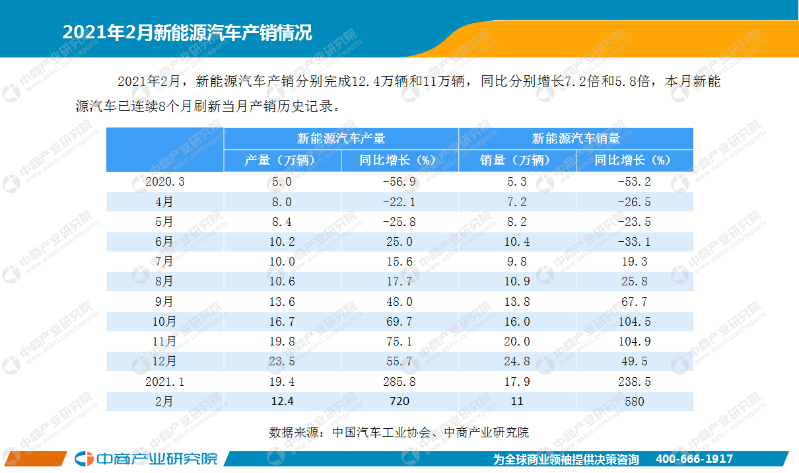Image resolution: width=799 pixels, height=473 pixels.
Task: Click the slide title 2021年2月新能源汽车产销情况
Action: tap(187, 32)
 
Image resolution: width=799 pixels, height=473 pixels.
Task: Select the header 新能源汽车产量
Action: tap(341, 139)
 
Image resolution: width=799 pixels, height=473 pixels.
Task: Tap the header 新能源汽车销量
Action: tap(576, 139)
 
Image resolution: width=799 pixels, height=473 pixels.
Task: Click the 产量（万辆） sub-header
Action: tap(282, 161)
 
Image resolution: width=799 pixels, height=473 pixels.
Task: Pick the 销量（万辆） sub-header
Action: tap(517, 161)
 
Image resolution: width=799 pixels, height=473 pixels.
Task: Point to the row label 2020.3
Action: tap(165, 182)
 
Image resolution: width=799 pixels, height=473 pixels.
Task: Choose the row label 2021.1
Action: tap(165, 381)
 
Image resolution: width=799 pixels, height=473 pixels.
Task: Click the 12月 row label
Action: tap(165, 361)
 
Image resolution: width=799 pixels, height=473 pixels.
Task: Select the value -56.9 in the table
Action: tap(399, 182)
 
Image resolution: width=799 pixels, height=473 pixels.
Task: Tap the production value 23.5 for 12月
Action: tap(282, 361)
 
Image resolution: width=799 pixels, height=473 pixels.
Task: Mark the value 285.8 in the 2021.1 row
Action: tap(399, 381)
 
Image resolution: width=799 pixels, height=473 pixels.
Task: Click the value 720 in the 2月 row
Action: tap(399, 401)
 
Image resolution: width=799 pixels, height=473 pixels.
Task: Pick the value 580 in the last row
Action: tap(635, 401)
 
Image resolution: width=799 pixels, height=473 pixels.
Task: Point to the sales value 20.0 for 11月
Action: tap(517, 342)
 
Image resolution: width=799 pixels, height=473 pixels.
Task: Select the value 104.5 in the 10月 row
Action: tap(635, 322)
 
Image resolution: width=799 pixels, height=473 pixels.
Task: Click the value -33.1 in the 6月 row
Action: tap(635, 242)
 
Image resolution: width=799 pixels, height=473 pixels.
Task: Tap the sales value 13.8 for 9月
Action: tap(517, 302)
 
